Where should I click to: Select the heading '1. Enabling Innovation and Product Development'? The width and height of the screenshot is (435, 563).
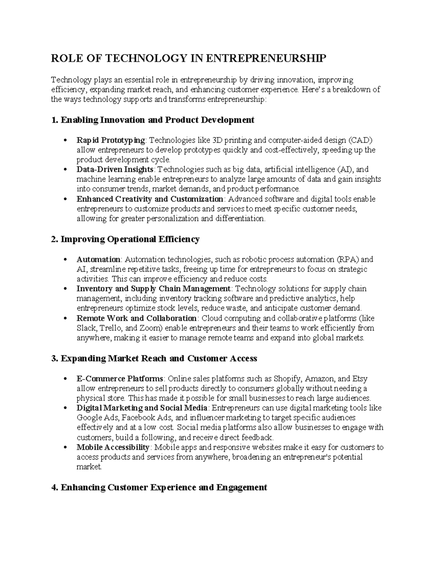[x=153, y=120]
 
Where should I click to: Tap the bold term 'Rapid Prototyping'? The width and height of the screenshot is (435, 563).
[x=111, y=140]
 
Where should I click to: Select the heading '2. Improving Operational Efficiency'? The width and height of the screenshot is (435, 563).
[x=125, y=239]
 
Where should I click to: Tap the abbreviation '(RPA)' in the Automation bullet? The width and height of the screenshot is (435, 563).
[x=348, y=260]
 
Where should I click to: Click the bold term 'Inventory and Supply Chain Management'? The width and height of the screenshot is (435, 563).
[x=153, y=289]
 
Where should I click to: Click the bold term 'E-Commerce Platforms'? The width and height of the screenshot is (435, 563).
[x=120, y=379]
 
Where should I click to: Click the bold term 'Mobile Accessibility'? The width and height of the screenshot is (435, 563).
[x=113, y=447]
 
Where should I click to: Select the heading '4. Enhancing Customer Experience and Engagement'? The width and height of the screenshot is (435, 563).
[x=159, y=488]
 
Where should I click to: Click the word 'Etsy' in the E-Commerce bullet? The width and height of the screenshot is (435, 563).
[x=360, y=379]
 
